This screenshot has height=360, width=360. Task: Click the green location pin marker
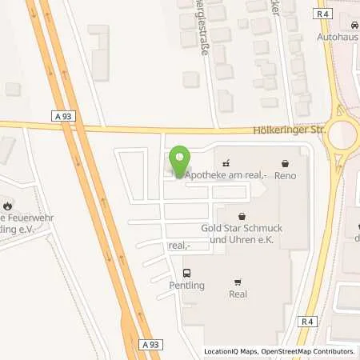tap(181, 159)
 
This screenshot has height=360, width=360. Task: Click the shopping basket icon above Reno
tap(286, 162)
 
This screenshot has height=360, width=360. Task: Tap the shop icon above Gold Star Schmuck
tap(242, 215)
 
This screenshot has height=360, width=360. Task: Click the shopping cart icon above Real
tap(238, 282)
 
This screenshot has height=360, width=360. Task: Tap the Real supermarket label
tap(238, 294)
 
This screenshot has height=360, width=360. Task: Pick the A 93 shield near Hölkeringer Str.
tap(67, 117)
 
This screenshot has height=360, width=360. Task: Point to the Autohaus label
tap(337, 37)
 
